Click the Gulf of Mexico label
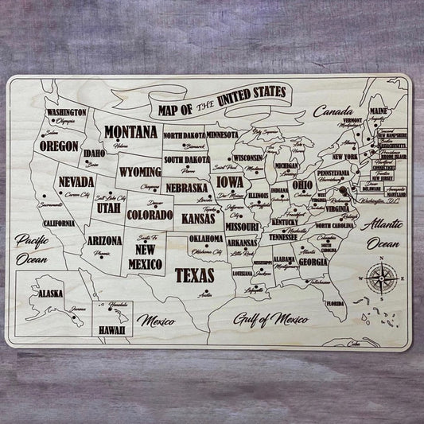(x=270, y=320)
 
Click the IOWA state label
(x=231, y=183)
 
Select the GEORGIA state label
(x=316, y=262)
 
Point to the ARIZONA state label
(x=104, y=239)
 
